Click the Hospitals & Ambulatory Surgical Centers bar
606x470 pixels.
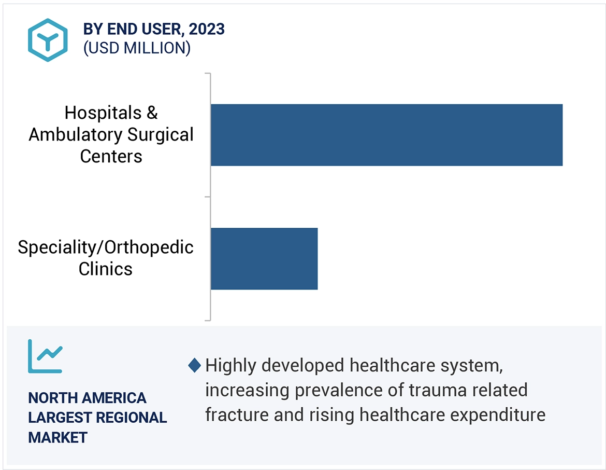pos(386,135)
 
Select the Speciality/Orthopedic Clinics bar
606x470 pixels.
pos(264,258)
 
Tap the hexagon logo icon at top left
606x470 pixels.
pos(48,40)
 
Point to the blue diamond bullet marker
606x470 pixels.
pos(194,365)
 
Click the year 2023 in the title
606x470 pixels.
pos(207,29)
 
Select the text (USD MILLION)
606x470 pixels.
pos(137,48)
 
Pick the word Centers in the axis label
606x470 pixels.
pos(111,156)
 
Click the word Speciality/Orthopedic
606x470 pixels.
pos(106,247)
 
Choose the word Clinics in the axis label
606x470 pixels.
pos(106,269)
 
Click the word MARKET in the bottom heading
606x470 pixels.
pos(57,437)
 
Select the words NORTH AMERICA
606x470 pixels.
pos(87,398)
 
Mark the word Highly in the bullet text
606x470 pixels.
pos(230,365)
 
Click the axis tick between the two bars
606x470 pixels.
pos(208,197)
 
